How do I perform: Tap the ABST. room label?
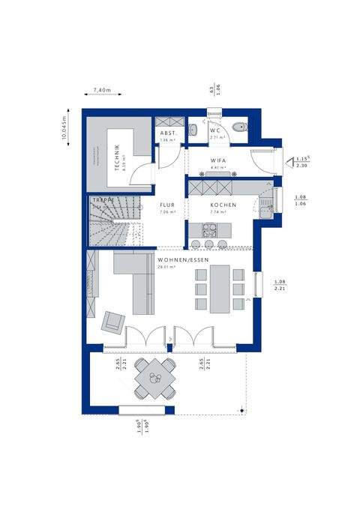click(x=166, y=132)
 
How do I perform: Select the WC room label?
click(x=215, y=130)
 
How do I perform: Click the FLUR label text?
click(x=166, y=204)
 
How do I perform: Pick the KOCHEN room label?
click(x=223, y=205)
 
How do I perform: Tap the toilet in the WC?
click(x=238, y=127)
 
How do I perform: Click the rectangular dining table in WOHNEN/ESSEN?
click(x=220, y=289)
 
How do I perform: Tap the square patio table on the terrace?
click(x=156, y=379)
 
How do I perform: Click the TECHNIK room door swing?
click(x=142, y=174)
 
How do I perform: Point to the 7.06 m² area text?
click(x=166, y=212)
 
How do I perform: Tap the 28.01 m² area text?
click(x=166, y=267)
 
